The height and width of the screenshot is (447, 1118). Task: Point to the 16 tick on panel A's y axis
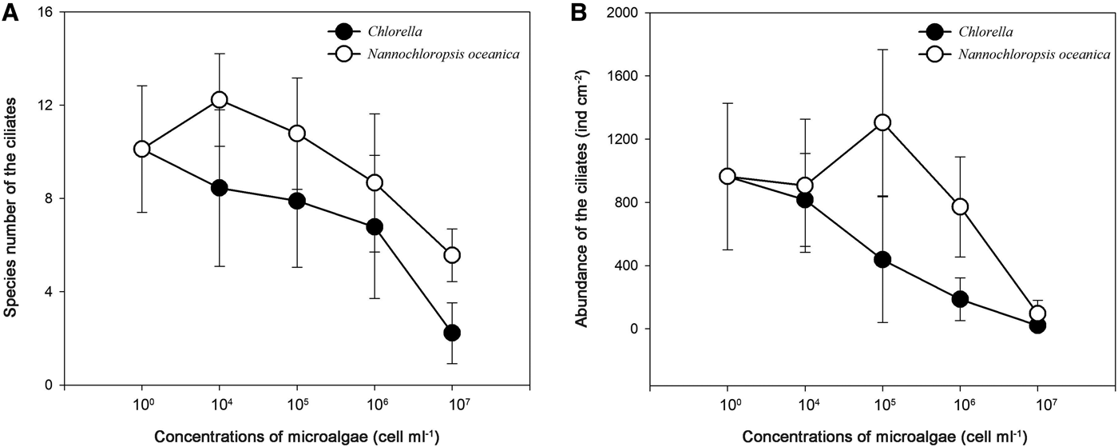[49, 13]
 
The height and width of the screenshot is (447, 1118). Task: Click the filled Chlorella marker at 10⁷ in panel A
[452, 333]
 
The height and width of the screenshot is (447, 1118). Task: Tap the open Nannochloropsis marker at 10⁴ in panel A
[219, 99]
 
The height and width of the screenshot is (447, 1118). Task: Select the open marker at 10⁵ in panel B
[882, 122]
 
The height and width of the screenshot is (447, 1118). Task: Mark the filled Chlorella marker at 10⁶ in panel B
[960, 299]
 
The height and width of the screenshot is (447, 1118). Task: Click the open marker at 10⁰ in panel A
[141, 149]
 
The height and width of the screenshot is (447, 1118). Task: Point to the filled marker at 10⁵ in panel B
[882, 259]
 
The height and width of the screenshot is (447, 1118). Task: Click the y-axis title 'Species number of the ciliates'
[12, 200]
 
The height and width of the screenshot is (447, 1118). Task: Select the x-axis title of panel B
[882, 438]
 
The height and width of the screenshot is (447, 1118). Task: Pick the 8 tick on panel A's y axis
[49, 198]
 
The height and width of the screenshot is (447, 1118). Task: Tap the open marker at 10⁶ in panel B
[960, 206]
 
